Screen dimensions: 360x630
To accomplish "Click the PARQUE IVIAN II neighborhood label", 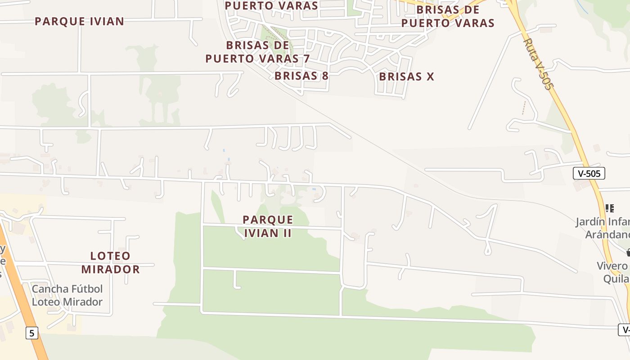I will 268,226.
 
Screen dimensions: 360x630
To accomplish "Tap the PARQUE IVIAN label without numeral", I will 79,21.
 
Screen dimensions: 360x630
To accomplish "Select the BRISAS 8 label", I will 301,76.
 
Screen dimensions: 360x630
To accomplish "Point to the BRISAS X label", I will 406,76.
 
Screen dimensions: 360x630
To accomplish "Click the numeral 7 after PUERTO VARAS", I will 306,58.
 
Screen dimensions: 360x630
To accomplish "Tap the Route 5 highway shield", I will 31,333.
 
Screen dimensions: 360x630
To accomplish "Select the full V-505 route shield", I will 589,173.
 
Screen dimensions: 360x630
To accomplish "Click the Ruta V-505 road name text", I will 537,63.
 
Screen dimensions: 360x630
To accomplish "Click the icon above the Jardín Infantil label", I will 610,208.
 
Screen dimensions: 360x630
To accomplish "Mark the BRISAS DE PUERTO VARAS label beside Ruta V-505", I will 448,16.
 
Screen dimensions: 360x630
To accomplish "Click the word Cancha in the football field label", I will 50,288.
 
